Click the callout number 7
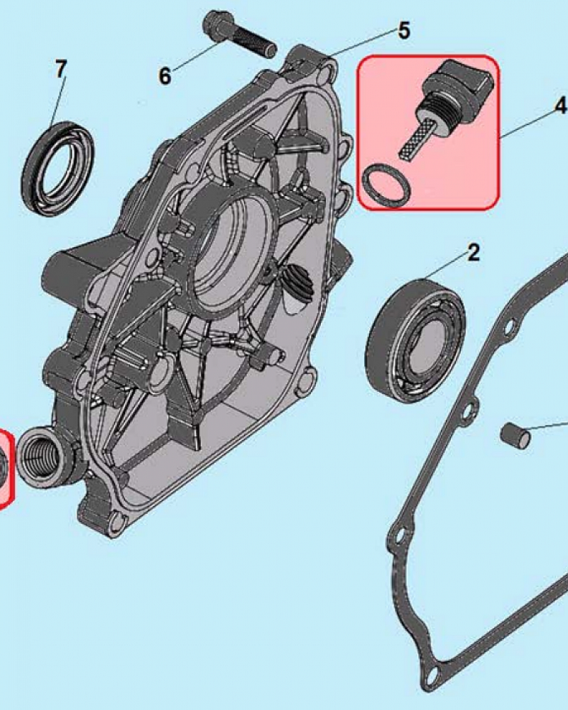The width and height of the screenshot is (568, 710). click(60, 70)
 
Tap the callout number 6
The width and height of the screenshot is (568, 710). click(165, 75)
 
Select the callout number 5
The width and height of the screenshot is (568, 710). click(403, 31)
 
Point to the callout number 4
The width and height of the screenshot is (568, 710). click(560, 106)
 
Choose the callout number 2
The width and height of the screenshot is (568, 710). click(474, 252)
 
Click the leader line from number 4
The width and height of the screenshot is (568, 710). click(526, 121)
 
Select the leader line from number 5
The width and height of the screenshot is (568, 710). click(362, 43)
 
